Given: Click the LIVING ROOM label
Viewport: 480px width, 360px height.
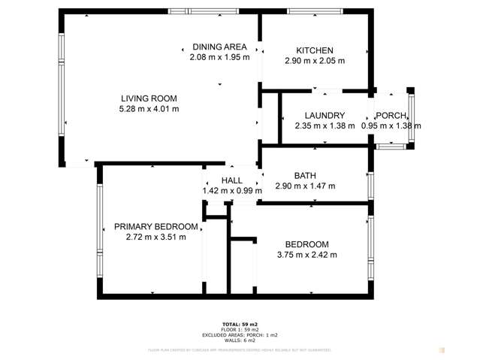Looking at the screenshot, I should (149, 98).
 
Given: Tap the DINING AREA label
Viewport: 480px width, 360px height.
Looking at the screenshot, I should (219, 47).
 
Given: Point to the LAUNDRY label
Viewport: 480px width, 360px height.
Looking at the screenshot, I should (324, 115).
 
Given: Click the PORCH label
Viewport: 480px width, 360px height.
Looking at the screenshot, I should (391, 115).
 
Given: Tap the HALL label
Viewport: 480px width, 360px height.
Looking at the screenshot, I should (231, 180).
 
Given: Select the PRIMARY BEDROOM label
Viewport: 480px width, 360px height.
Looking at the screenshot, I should (156, 226).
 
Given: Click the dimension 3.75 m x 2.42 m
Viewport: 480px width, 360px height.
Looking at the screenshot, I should (306, 255).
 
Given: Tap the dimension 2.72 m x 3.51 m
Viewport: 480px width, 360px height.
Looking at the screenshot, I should (156, 237).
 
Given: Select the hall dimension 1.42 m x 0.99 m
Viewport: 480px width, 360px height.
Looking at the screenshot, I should (231, 191).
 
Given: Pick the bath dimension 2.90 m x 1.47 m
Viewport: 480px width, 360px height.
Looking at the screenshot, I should (305, 186).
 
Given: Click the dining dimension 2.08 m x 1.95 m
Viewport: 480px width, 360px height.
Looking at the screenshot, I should (219, 57).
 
